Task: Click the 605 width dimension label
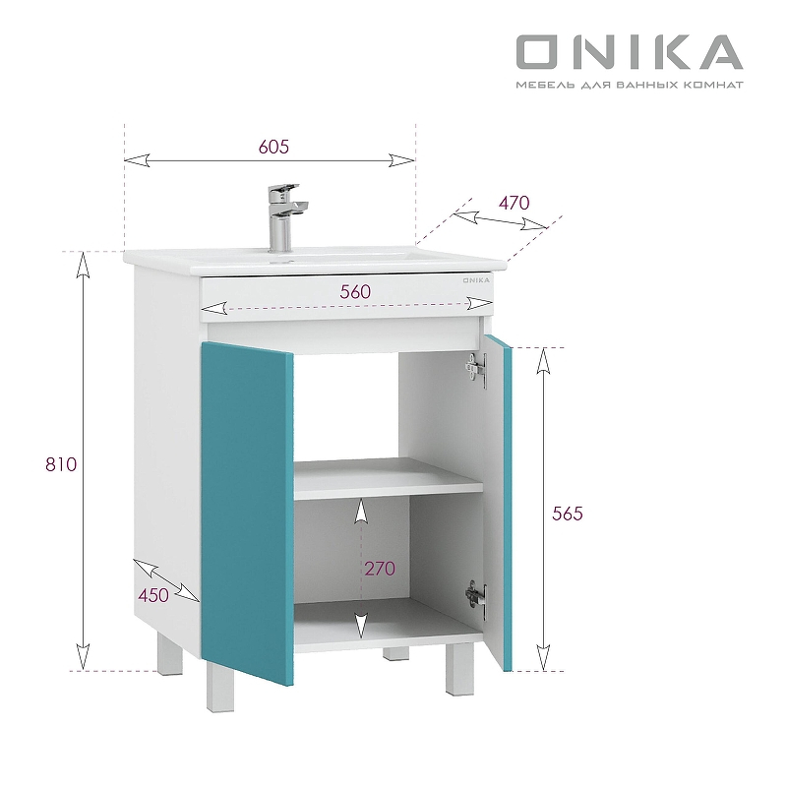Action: [273, 147]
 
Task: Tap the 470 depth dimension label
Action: [514, 203]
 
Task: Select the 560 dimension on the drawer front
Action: [355, 291]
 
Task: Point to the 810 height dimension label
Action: [61, 464]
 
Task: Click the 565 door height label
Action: [568, 514]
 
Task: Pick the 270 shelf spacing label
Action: [379, 568]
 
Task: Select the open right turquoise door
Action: [499, 502]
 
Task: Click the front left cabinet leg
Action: [217, 689]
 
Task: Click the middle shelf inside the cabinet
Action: [388, 479]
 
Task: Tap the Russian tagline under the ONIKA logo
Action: [630, 85]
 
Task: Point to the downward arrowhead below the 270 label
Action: [361, 626]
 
